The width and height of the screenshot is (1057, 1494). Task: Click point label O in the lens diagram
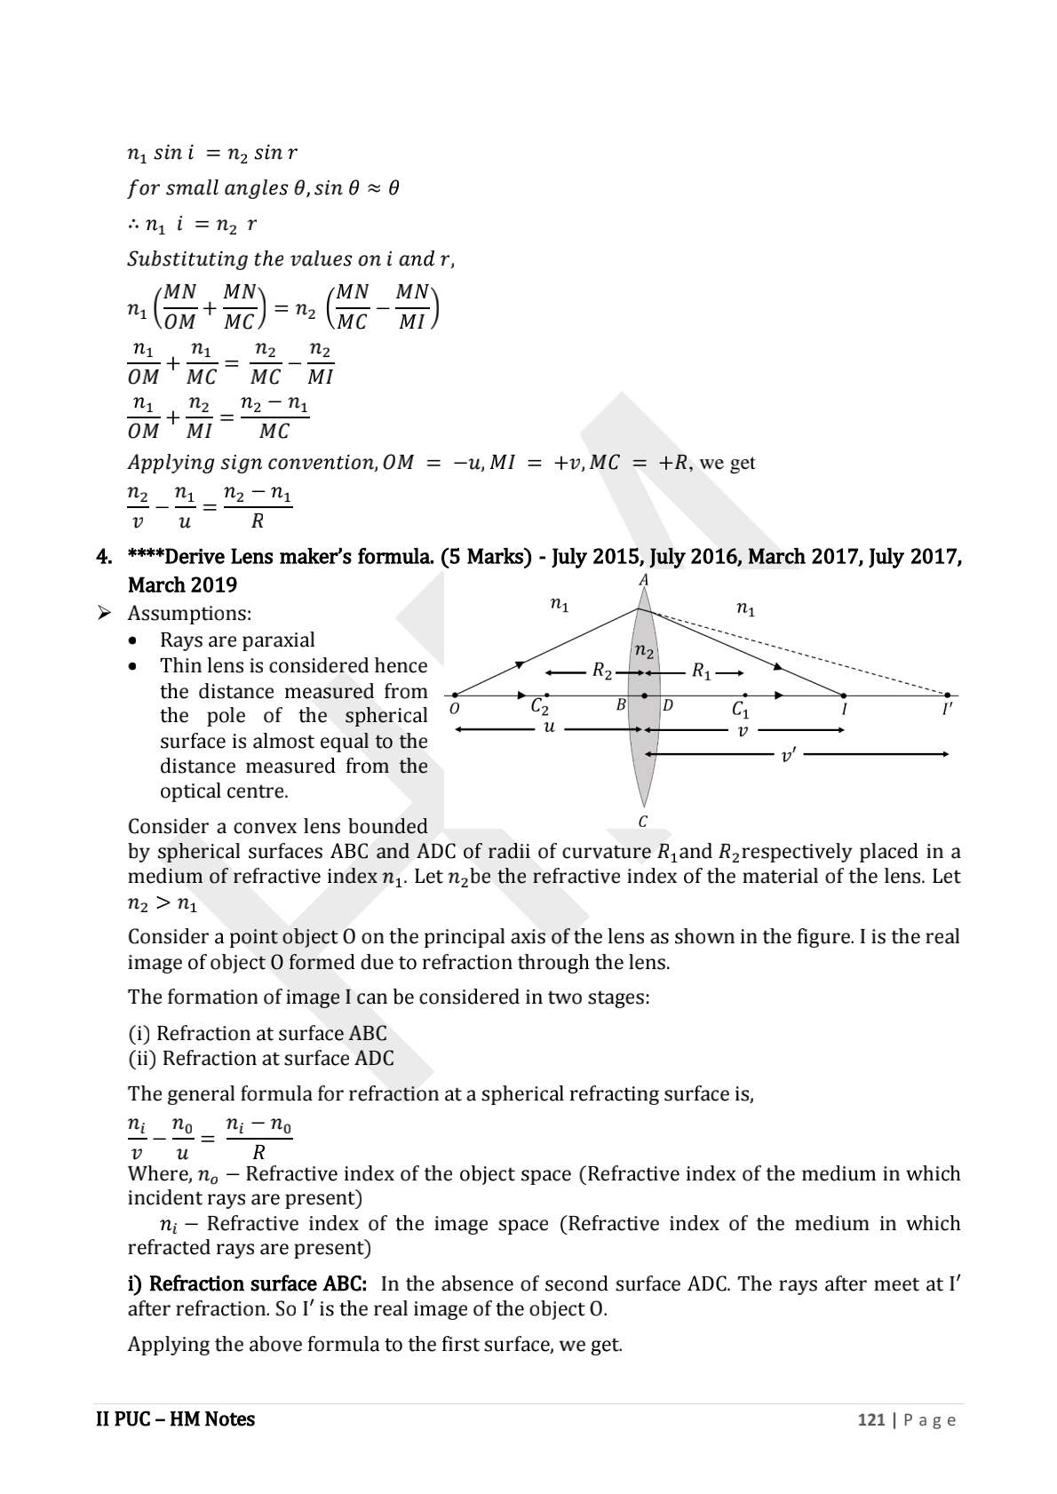pyautogui.click(x=454, y=710)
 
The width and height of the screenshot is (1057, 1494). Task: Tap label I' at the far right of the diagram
pyautogui.click(x=947, y=710)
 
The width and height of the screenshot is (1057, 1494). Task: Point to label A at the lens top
pyautogui.click(x=644, y=580)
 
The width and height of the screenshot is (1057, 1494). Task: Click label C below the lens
pyautogui.click(x=643, y=822)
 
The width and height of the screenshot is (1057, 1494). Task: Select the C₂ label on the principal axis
pyautogui.click(x=539, y=708)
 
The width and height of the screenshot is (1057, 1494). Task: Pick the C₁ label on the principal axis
pyautogui.click(x=740, y=710)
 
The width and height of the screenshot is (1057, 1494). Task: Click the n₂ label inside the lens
pyautogui.click(x=645, y=653)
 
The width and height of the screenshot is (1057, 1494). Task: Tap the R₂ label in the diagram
pyautogui.click(x=602, y=672)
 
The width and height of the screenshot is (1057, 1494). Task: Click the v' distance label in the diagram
pyautogui.click(x=787, y=756)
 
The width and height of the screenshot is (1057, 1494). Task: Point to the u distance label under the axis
pyautogui.click(x=549, y=727)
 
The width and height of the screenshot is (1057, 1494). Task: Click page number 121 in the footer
pyautogui.click(x=870, y=1420)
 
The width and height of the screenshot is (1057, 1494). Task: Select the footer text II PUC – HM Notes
pyautogui.click(x=175, y=1419)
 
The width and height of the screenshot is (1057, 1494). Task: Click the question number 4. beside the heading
pyautogui.click(x=104, y=558)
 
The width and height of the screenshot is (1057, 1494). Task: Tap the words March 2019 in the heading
pyautogui.click(x=182, y=585)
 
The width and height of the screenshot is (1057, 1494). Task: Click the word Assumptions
pyautogui.click(x=189, y=614)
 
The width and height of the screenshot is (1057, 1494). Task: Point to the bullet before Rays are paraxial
pyautogui.click(x=133, y=640)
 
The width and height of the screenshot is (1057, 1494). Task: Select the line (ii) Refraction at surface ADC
pyautogui.click(x=260, y=1059)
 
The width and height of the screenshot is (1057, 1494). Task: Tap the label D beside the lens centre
pyautogui.click(x=668, y=705)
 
